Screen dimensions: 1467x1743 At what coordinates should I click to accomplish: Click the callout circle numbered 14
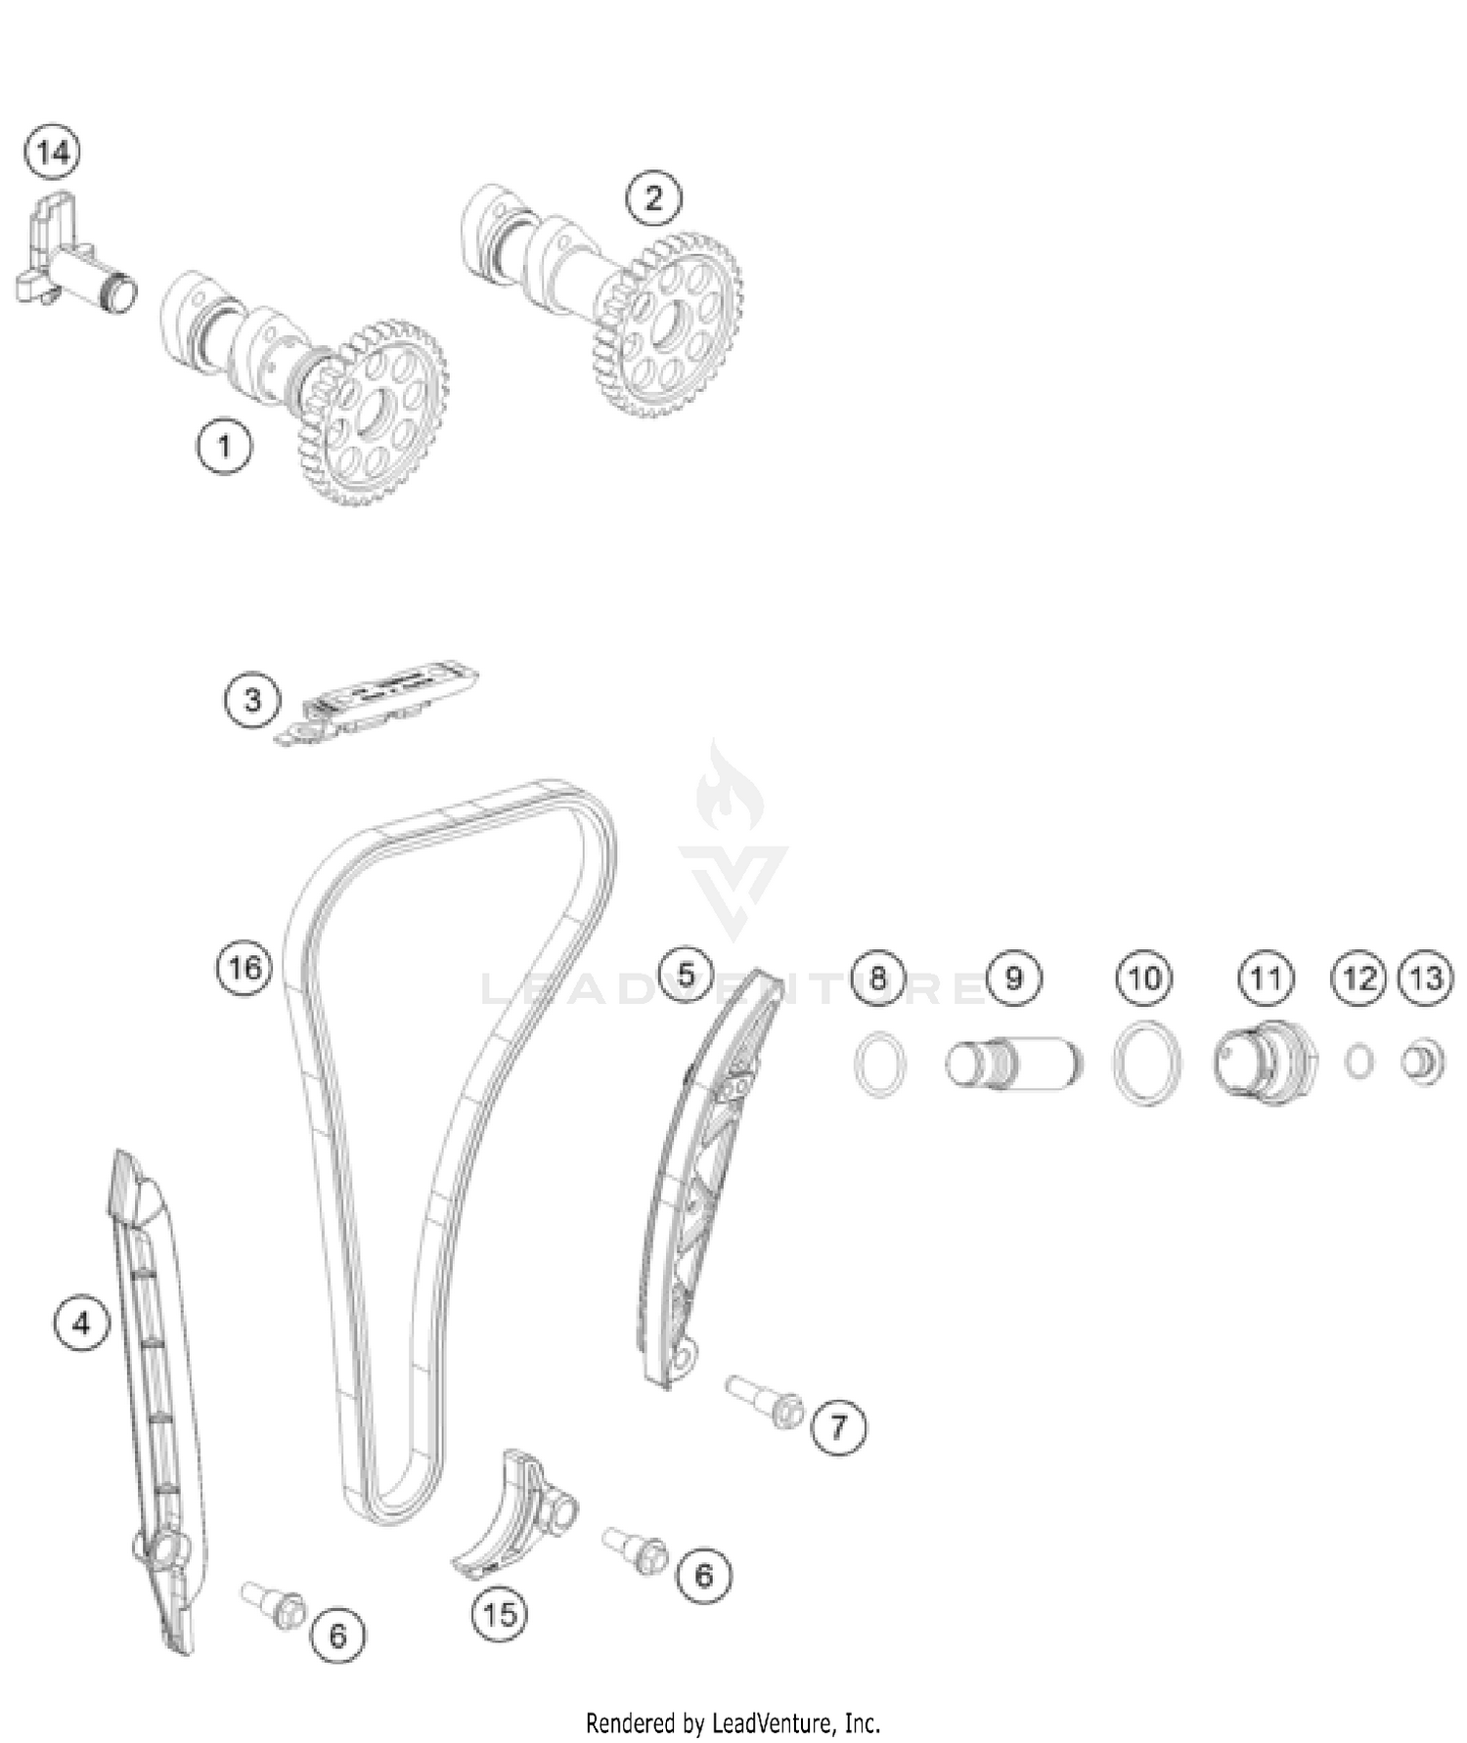tap(53, 153)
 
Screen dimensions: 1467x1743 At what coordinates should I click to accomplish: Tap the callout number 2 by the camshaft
tap(653, 198)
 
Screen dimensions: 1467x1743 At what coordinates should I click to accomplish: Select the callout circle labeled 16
tap(244, 968)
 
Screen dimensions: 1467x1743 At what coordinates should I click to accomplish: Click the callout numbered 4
tap(81, 1324)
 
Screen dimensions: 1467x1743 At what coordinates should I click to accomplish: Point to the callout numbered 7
tap(838, 1428)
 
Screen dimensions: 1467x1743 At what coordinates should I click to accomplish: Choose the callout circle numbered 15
tap(499, 1613)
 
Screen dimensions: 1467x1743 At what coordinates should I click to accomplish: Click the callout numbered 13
tap(1426, 978)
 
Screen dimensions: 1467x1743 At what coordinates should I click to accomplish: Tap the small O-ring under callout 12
tap(1358, 1062)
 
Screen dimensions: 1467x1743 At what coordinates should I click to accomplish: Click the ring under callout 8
tap(879, 1064)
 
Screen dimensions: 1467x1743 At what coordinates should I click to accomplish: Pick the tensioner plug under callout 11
tap(1264, 1062)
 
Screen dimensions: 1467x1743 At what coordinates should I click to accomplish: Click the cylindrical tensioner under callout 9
tap(1014, 1062)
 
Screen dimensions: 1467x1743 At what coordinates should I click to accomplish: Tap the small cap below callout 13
tap(1423, 1062)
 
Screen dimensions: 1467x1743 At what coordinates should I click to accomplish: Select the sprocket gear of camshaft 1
tap(373, 415)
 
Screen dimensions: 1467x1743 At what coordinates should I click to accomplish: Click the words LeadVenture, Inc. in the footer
tap(791, 1721)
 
